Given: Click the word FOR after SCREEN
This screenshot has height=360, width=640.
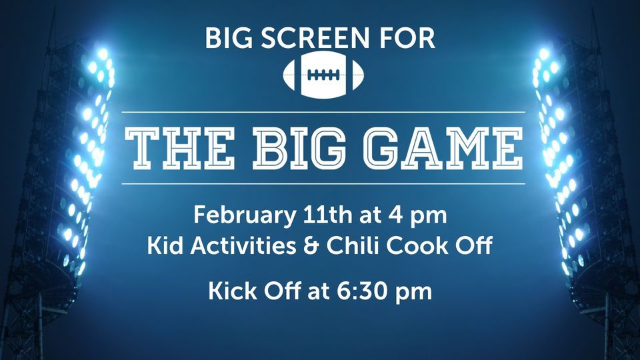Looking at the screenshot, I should tap(409, 39).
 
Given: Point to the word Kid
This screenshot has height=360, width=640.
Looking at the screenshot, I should tap(165, 246).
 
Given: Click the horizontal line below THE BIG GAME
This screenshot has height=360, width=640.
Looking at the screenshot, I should tap(324, 183).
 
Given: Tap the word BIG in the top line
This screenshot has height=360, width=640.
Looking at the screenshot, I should tap(228, 39).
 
